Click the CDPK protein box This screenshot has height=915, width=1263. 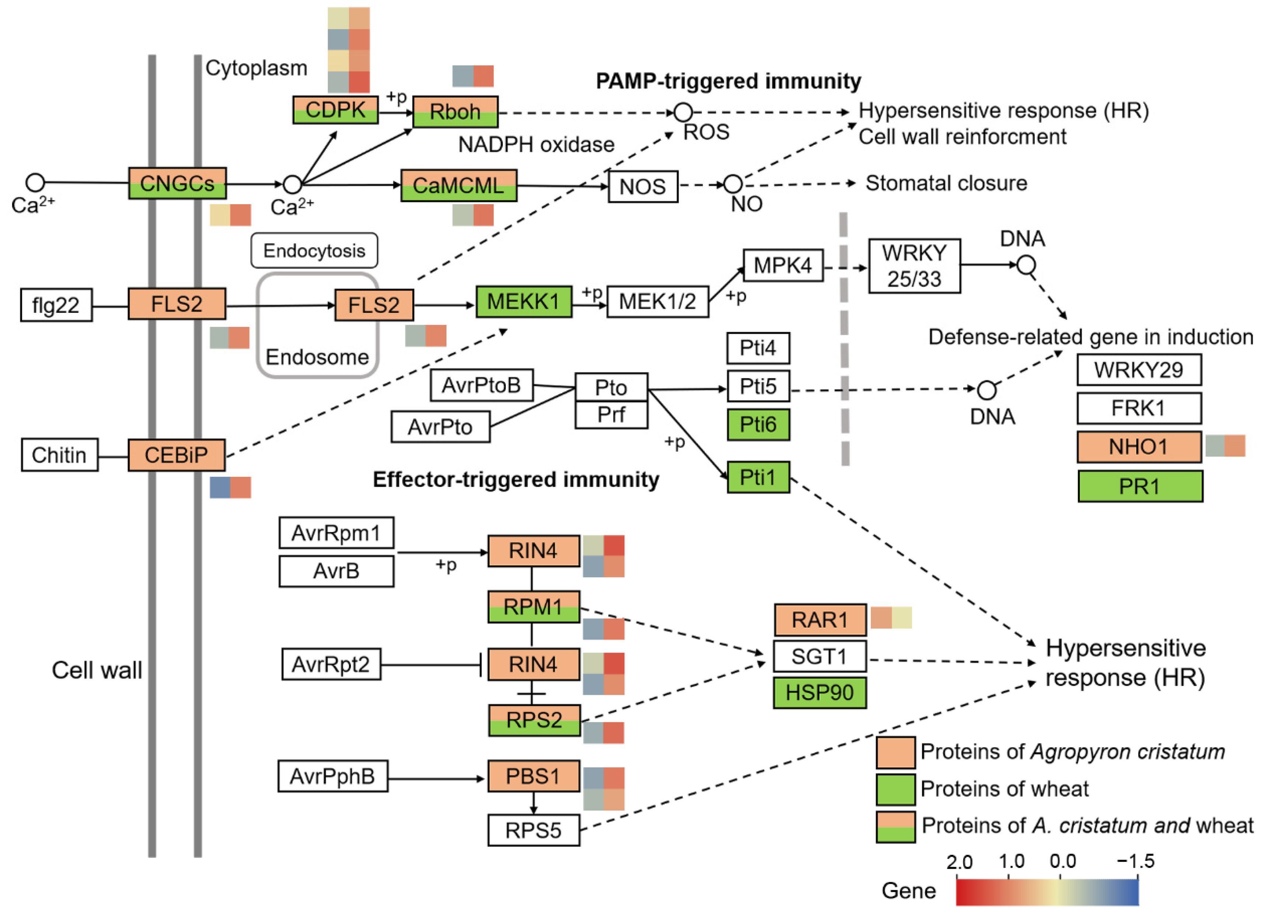point(335,110)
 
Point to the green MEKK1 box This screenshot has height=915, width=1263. point(523,302)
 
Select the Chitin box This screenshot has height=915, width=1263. point(60,455)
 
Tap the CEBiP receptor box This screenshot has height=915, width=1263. point(177,455)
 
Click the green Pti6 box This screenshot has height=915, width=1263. point(758,425)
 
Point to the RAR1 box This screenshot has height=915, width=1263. point(820,619)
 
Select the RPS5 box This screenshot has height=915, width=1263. point(533,830)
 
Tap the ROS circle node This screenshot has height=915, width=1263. point(683,112)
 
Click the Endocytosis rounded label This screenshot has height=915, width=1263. point(314,251)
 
